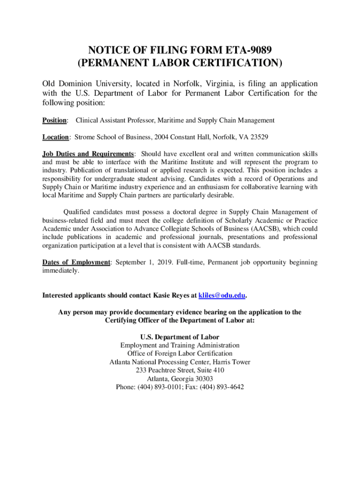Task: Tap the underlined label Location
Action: tap(56, 137)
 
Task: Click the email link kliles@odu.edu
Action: tap(222, 296)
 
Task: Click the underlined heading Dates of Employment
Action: tap(76, 262)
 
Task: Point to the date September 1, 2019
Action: tap(143, 262)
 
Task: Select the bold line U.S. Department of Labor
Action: tap(180, 337)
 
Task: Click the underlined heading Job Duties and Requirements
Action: tap(88, 154)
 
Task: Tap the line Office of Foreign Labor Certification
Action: tap(180, 353)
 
